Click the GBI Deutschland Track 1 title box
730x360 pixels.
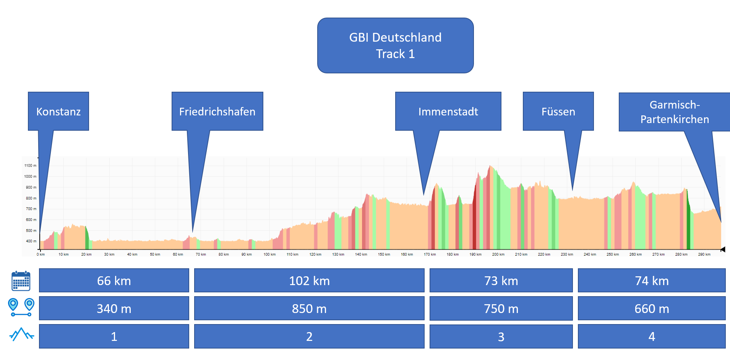click(x=395, y=45)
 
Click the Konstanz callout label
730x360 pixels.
click(x=58, y=111)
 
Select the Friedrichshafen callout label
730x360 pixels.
click(x=217, y=111)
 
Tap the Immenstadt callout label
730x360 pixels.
click(x=448, y=111)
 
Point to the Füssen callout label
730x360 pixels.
click(x=558, y=111)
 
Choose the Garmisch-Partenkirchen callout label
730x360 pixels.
click(x=674, y=112)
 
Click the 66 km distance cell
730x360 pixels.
click(x=114, y=281)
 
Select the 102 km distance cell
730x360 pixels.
click(x=309, y=281)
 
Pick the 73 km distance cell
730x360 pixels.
click(x=501, y=281)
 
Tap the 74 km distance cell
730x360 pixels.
click(x=652, y=281)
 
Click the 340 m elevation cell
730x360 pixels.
click(x=114, y=308)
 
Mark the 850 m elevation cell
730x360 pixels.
click(x=309, y=308)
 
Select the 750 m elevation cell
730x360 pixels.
click(x=501, y=308)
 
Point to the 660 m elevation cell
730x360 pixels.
click(x=652, y=308)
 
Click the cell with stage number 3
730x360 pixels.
click(x=501, y=336)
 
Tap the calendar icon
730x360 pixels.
click(x=21, y=281)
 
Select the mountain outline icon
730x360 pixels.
click(x=21, y=334)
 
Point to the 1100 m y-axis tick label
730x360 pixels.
click(x=30, y=165)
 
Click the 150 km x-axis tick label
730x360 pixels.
click(x=384, y=254)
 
